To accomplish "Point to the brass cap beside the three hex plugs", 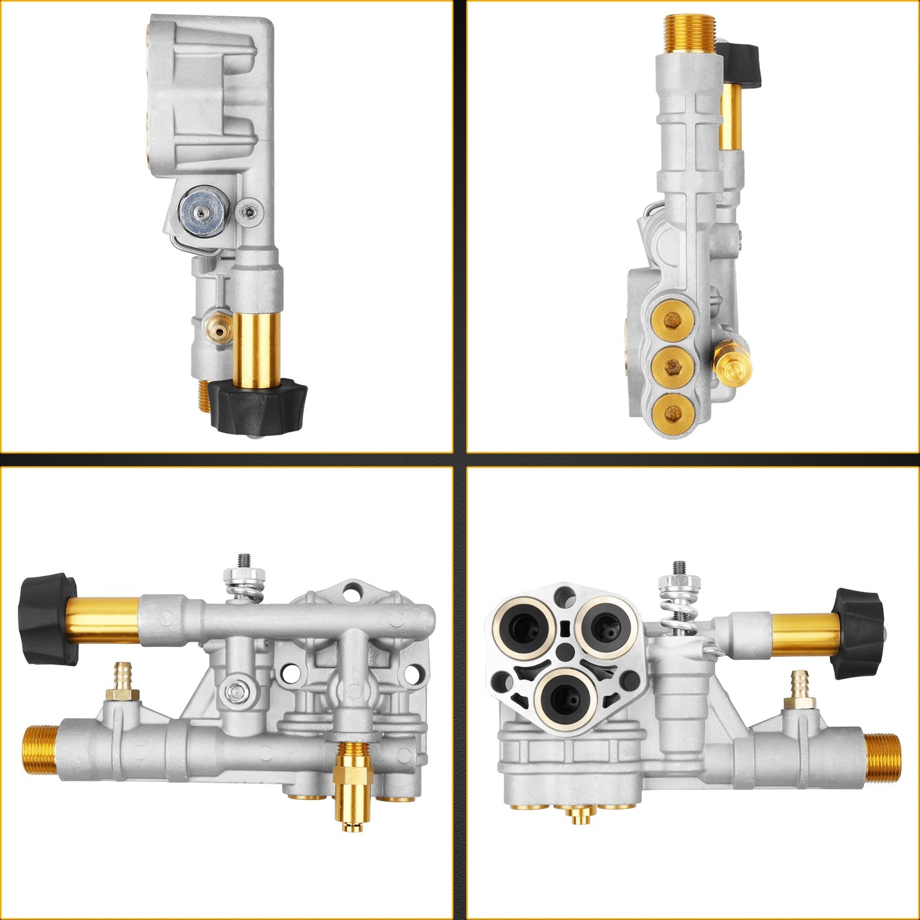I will click(x=731, y=365).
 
